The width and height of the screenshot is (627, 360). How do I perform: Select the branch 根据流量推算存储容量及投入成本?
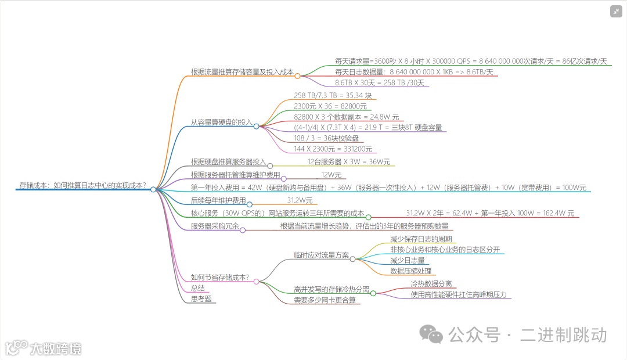pos(242,72)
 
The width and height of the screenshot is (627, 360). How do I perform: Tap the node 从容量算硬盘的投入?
pos(222,123)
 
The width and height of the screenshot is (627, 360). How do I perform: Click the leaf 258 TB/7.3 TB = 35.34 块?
pos(333,95)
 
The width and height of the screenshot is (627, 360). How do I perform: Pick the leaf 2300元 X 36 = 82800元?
pos(330,106)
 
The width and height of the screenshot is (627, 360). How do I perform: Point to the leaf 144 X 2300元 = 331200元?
pos(333,149)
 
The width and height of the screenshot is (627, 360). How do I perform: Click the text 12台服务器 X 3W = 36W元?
pos(349,161)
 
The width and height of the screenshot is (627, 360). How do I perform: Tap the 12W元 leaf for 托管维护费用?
pos(331,174)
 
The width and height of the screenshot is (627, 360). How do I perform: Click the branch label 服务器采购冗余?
pos(215,226)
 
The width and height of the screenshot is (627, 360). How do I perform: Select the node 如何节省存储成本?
pos(220,278)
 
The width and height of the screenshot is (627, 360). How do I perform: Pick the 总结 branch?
pos(198,288)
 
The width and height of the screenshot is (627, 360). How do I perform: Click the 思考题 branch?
pos(201,298)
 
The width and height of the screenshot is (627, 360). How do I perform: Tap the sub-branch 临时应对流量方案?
pos(322,255)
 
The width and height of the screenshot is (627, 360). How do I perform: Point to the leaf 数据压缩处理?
pos(410,271)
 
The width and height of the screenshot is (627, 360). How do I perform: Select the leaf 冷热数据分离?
pos(431,284)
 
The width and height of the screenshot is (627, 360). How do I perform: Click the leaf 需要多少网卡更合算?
pos(325,300)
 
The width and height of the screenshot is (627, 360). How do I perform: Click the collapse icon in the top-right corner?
pos(616,12)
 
